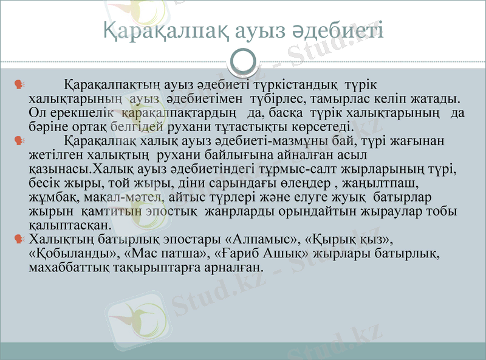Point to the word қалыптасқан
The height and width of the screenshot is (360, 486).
pyautogui.click(x=69, y=225)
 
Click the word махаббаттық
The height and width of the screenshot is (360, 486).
pyautogui.click(x=70, y=267)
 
